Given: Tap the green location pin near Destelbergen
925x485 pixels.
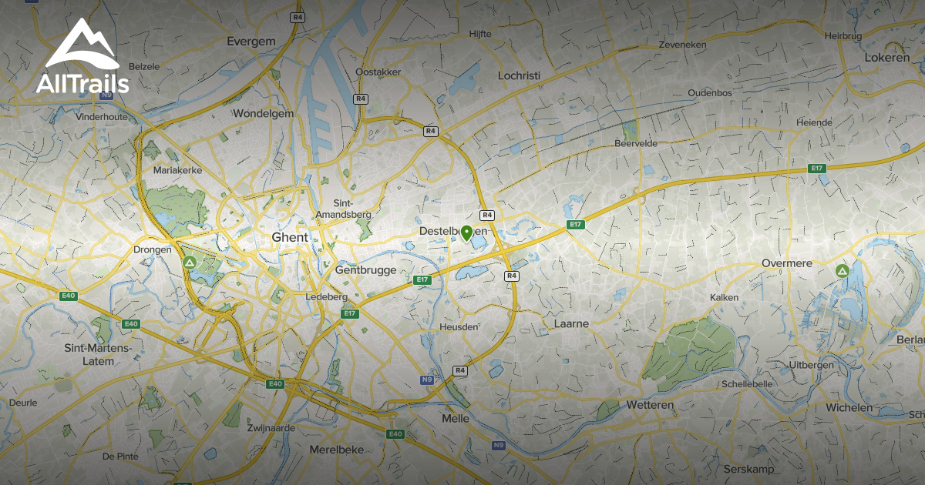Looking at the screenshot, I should pyautogui.click(x=466, y=232).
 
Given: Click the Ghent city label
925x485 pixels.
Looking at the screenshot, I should pyautogui.click(x=290, y=237).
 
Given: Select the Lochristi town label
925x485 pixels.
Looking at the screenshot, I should pyautogui.click(x=519, y=75).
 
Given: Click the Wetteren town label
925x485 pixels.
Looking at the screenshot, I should pyautogui.click(x=650, y=405).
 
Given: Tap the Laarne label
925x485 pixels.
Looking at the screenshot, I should pyautogui.click(x=571, y=324).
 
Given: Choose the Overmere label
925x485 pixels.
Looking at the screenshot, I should pyautogui.click(x=787, y=263).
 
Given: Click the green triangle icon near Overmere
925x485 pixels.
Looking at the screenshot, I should pyautogui.click(x=842, y=271).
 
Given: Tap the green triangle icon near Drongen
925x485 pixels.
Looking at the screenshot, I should pyautogui.click(x=190, y=263).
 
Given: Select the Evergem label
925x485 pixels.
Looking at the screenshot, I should pyautogui.click(x=251, y=42).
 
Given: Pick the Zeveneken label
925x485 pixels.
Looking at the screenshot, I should pyautogui.click(x=682, y=45).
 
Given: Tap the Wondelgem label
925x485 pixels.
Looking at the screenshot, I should pyautogui.click(x=263, y=113).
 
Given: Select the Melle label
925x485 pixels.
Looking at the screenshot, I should pyautogui.click(x=456, y=418).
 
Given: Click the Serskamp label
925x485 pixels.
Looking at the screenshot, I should pyautogui.click(x=747, y=469).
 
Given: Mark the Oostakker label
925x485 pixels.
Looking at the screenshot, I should pyautogui.click(x=378, y=72).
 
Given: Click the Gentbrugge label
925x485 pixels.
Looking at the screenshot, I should pyautogui.click(x=365, y=270).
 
